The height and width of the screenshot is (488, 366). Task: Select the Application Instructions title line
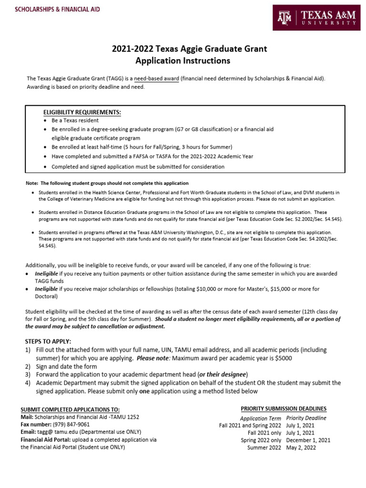tap(183, 61)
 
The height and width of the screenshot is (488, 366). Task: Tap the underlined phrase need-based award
tap(156, 78)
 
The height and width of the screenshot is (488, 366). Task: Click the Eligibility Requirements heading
tap(82, 112)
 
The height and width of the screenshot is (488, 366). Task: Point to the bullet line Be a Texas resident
tap(75, 121)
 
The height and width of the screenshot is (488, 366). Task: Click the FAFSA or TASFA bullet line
tap(152, 156)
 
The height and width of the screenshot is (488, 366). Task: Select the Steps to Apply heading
tap(48, 341)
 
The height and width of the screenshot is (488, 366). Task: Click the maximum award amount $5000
tap(282, 358)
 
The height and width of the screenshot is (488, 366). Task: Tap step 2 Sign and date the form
tap(66, 366)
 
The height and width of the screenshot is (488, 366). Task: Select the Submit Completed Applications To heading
tap(70, 410)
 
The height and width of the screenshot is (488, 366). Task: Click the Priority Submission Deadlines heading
tap(284, 409)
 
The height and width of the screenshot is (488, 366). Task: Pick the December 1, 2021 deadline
tap(308, 440)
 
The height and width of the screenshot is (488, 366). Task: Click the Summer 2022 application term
tap(264, 448)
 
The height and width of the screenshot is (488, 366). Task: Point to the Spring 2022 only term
tap(261, 440)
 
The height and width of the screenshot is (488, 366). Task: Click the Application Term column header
tap(260, 418)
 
